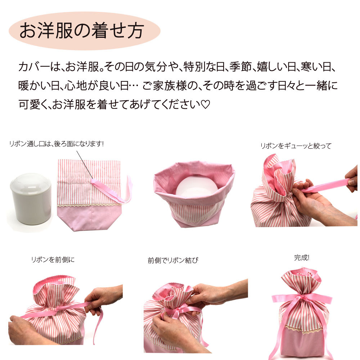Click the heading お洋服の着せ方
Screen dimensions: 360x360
82,31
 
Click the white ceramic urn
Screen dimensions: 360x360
31,199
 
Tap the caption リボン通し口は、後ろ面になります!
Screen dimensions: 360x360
57,144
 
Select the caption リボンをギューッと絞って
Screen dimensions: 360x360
296,146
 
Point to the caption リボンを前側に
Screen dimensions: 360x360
53,260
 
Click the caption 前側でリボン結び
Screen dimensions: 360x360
173,260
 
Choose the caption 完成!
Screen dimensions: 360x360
302,258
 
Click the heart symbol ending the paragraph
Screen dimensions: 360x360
206,104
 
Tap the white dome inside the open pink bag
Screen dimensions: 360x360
197,186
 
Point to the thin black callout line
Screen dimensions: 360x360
85,165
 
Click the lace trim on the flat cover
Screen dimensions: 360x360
89,204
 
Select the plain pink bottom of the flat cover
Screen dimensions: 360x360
89,218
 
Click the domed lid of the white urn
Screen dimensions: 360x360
31,183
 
